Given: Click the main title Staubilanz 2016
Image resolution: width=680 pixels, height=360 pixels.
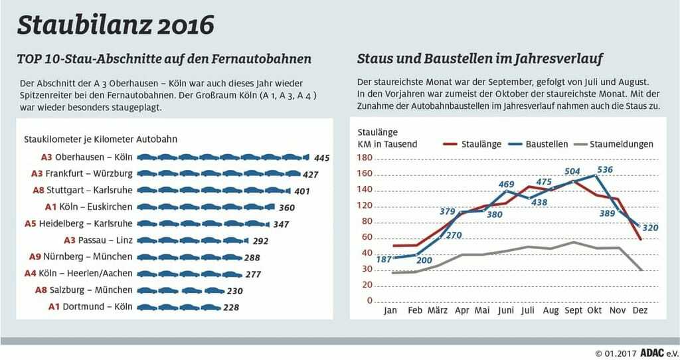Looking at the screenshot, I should click(116, 25).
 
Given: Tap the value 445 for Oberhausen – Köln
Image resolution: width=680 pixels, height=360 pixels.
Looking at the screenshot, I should click(322, 158).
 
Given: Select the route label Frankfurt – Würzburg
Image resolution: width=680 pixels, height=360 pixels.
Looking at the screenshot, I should click(94, 174).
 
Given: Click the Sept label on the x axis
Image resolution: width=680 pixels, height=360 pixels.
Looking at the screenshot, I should click(574, 310).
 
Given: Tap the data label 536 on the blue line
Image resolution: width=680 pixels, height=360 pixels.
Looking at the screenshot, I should click(605, 170).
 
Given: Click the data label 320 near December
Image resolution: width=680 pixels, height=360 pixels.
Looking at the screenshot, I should click(651, 227).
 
